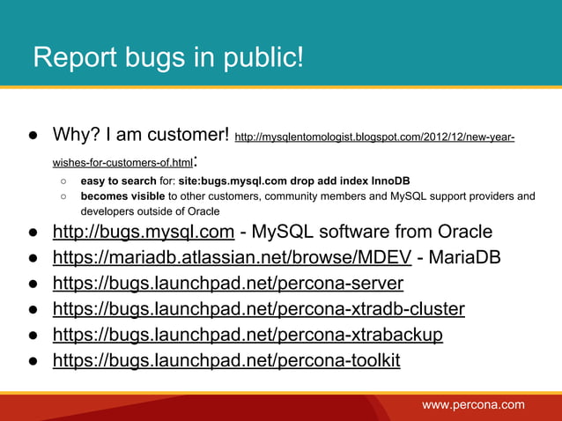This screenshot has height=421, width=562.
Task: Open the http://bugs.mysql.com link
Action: pos(143,233)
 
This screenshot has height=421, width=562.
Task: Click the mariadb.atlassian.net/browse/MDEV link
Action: pos(232,258)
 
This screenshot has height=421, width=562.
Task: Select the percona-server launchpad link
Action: pos(228,284)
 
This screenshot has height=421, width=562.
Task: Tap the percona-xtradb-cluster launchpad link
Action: pos(259,309)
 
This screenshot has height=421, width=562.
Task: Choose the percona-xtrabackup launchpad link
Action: pos(248,335)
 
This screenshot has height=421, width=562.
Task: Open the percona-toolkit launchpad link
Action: pos(226,360)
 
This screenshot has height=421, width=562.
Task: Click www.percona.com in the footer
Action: pos(473,404)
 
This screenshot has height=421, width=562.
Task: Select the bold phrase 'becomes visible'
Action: pos(122,196)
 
